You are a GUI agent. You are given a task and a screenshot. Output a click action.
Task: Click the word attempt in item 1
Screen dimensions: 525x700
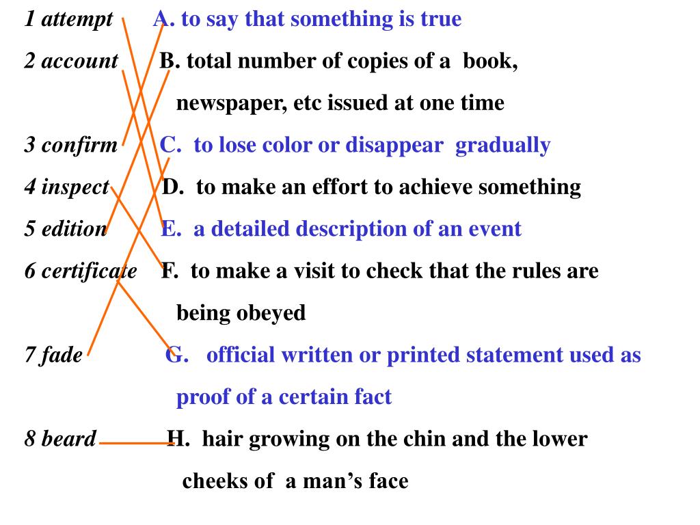click(x=77, y=20)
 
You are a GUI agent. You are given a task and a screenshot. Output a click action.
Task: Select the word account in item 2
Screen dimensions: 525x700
click(x=79, y=62)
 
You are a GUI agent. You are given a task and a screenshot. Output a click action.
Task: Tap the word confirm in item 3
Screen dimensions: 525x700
click(x=79, y=146)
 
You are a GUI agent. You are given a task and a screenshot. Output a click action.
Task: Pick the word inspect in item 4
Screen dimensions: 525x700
click(x=75, y=187)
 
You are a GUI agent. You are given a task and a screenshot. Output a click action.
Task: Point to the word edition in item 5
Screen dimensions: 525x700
click(x=75, y=229)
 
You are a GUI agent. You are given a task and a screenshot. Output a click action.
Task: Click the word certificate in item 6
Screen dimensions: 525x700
click(x=89, y=271)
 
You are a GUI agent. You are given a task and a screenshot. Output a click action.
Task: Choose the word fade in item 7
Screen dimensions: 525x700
click(x=62, y=355)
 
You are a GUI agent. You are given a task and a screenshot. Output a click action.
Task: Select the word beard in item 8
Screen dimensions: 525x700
click(x=68, y=439)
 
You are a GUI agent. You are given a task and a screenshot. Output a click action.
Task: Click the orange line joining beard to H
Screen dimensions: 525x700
click(x=135, y=443)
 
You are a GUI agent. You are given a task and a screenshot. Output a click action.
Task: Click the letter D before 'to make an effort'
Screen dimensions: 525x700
click(x=171, y=187)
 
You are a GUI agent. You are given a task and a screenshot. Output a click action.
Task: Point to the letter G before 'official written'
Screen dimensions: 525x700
click(x=174, y=355)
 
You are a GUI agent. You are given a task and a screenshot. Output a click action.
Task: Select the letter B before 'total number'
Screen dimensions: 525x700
click(x=167, y=62)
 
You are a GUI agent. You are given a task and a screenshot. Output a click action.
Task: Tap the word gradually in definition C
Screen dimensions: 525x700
click(x=502, y=146)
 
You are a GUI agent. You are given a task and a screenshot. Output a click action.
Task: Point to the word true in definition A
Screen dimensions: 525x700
click(x=441, y=19)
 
